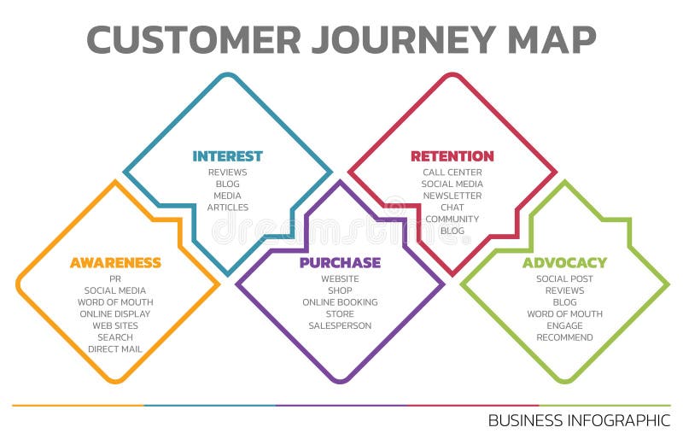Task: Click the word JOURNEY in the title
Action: tap(400, 39)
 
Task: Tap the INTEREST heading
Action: tap(227, 156)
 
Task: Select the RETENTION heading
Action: tap(452, 156)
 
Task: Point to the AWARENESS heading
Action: tap(115, 263)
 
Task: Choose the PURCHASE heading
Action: tap(340, 263)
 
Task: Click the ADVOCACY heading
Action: tap(564, 263)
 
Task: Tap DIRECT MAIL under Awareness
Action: tap(115, 349)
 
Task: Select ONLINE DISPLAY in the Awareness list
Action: tap(115, 314)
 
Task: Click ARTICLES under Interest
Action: tap(228, 208)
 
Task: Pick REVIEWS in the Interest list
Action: tap(228, 173)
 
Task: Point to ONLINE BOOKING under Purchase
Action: tap(340, 302)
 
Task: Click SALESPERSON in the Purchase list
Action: tap(340, 325)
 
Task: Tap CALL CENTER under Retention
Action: tap(452, 173)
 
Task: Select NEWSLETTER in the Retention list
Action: tap(452, 196)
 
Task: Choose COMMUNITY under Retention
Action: tap(452, 219)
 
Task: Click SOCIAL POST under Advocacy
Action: tap(564, 279)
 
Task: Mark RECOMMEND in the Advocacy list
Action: tap(564, 337)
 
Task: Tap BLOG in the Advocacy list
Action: tap(564, 302)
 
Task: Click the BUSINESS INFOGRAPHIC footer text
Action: tap(579, 420)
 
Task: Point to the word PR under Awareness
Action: tap(115, 279)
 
